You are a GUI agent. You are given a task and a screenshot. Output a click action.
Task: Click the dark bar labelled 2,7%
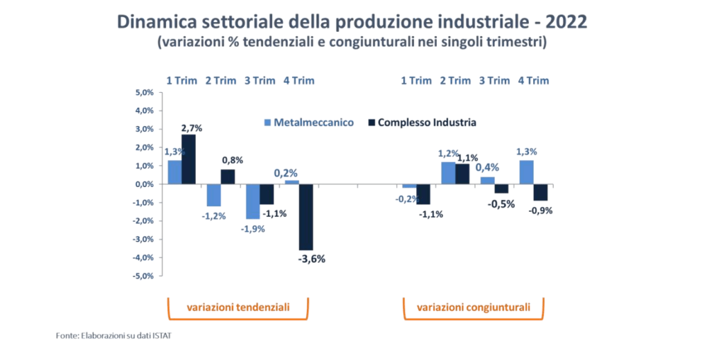(x=188, y=159)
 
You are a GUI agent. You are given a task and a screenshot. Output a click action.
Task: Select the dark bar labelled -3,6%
(x=306, y=217)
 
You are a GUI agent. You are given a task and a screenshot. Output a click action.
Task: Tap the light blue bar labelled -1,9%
(x=252, y=201)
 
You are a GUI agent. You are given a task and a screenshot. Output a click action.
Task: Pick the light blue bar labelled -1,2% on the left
(x=213, y=195)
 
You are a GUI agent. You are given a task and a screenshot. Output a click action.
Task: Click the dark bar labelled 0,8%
(x=228, y=177)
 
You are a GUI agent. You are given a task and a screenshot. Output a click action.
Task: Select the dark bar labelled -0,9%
(x=540, y=192)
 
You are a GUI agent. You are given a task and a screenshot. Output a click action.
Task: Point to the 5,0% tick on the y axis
(x=143, y=92)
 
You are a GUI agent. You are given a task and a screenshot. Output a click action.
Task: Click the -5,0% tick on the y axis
(x=143, y=276)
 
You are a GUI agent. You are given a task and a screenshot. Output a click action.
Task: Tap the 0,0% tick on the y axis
(x=143, y=184)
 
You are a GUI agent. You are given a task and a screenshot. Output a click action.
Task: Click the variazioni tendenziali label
(x=239, y=307)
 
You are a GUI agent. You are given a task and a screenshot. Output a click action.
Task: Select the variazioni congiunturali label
(x=474, y=307)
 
